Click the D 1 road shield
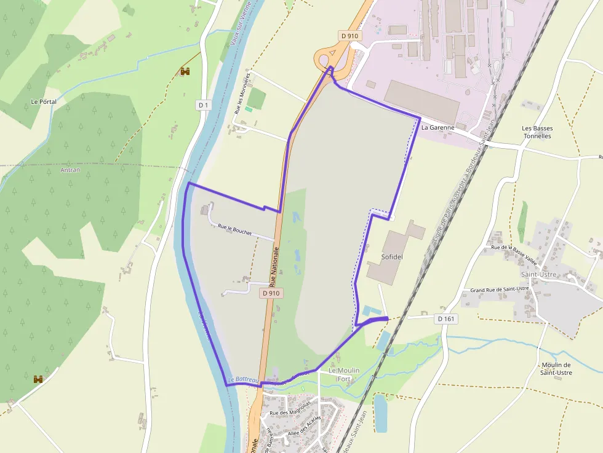204,105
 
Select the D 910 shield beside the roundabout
349,36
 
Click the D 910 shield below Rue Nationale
271,293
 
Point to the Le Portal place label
43,101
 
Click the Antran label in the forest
70,170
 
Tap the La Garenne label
438,128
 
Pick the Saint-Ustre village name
538,274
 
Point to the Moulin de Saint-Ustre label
556,368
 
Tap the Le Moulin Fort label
343,374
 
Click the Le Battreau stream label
242,380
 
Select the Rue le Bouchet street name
234,229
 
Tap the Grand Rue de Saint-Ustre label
500,288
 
